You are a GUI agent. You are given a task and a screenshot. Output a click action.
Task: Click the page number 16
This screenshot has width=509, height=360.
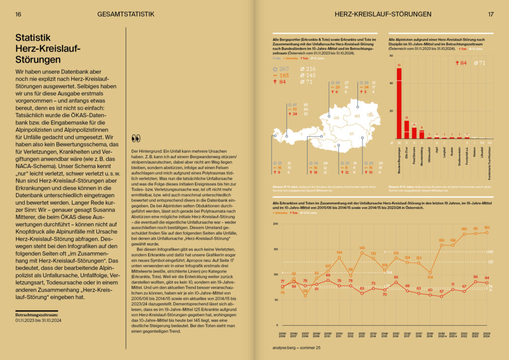pos(18,14)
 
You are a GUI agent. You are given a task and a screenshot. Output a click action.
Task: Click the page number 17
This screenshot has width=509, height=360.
pos(491,14)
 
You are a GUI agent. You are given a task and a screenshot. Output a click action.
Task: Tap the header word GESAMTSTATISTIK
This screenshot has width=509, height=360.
pos(124,14)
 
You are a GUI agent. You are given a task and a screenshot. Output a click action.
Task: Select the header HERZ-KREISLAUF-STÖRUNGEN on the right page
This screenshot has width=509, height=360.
pos(384,14)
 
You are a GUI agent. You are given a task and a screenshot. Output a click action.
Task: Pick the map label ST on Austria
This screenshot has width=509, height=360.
pos(351,134)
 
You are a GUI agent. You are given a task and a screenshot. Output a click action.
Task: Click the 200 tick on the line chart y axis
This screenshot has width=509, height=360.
pos(275,224)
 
